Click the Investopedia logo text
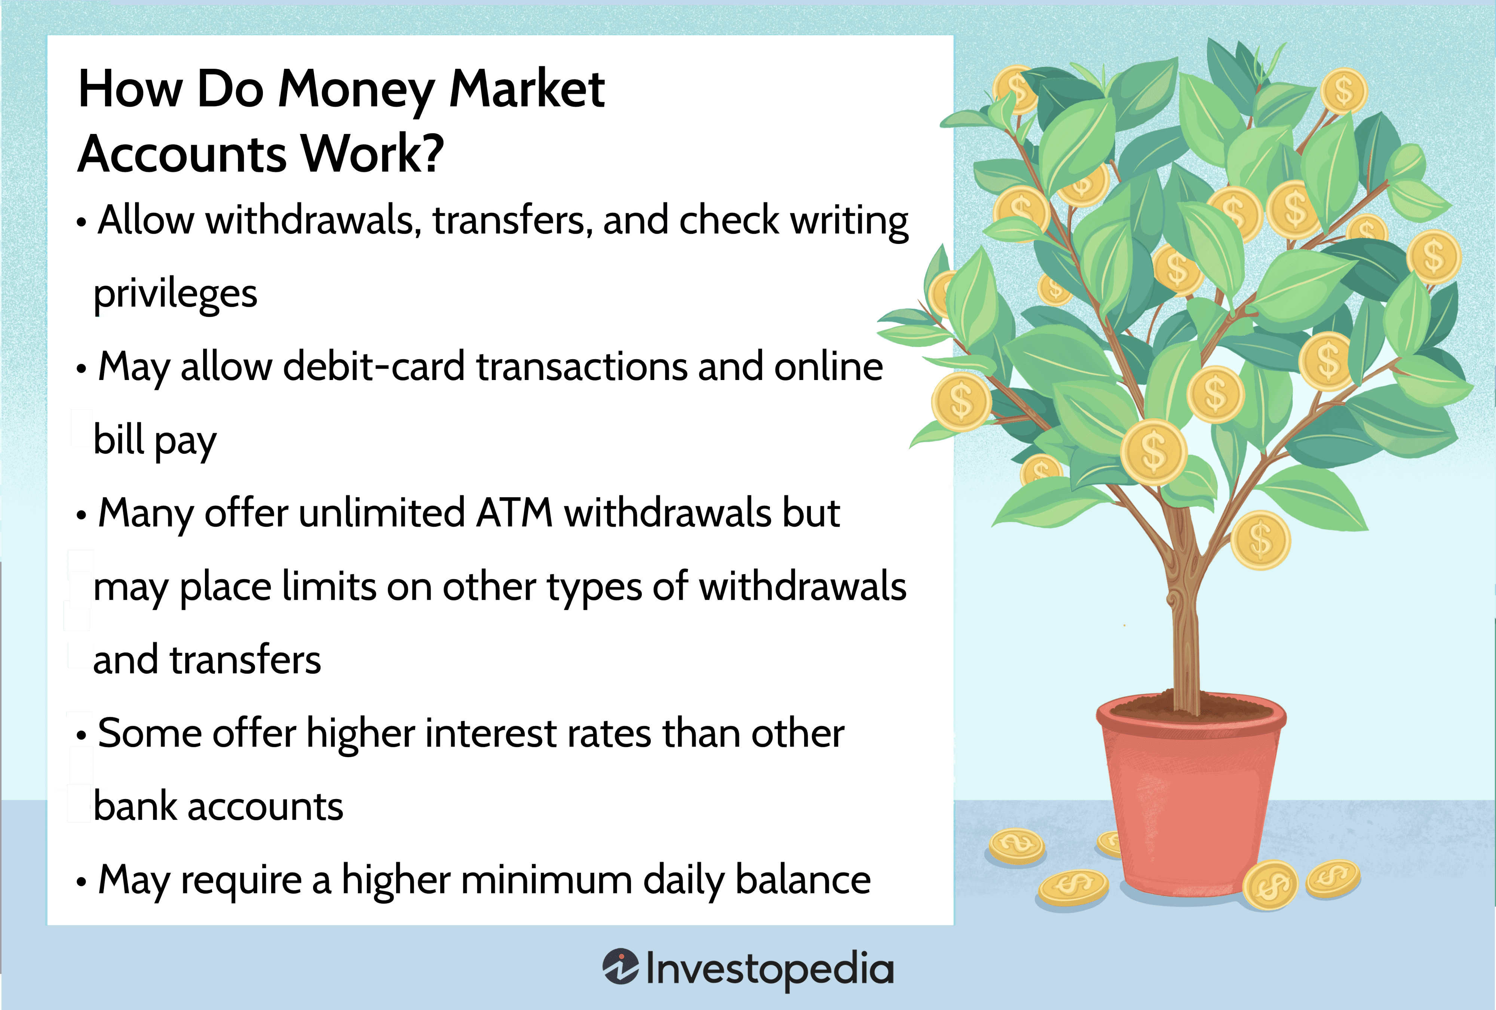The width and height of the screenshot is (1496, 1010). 769,969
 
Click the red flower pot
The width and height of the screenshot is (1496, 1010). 1191,805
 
